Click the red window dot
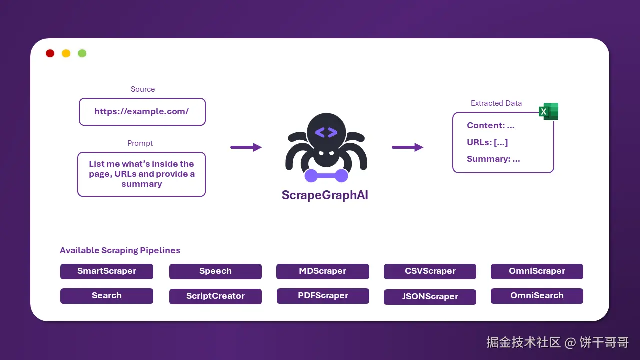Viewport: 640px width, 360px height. click(x=50, y=53)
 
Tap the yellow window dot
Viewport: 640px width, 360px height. click(x=66, y=53)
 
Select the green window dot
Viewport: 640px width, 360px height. click(x=82, y=53)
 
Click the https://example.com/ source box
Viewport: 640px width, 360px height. click(x=142, y=112)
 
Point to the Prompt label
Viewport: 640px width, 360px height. click(x=140, y=143)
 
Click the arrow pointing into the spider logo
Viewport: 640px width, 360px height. click(x=246, y=147)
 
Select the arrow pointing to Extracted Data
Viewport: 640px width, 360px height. click(x=407, y=147)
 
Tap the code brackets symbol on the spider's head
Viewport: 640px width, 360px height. click(x=326, y=132)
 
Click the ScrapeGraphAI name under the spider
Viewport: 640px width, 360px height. click(x=325, y=195)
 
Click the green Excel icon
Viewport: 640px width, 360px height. click(x=548, y=112)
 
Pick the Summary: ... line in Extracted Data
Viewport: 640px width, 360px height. click(x=493, y=159)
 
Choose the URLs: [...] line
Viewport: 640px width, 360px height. click(x=487, y=142)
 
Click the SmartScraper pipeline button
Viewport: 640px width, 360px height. click(x=107, y=271)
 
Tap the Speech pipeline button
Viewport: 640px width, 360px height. click(x=215, y=271)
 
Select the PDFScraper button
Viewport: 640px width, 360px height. click(x=323, y=296)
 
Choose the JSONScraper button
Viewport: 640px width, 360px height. click(x=430, y=297)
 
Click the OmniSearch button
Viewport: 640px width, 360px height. click(x=537, y=296)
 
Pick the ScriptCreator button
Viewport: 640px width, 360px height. click(x=215, y=296)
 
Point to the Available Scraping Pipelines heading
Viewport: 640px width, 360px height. click(x=120, y=251)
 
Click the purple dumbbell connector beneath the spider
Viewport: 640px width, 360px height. click(x=326, y=175)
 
